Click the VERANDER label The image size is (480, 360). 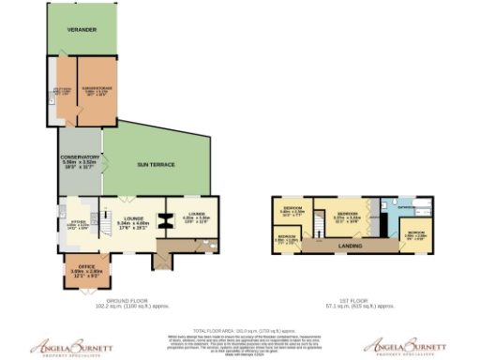[x=82, y=30]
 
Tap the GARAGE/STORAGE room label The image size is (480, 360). [x=95, y=91]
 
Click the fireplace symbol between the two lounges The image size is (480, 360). [x=161, y=221]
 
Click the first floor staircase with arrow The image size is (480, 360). [x=319, y=222]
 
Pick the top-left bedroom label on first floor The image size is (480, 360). [x=292, y=210]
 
